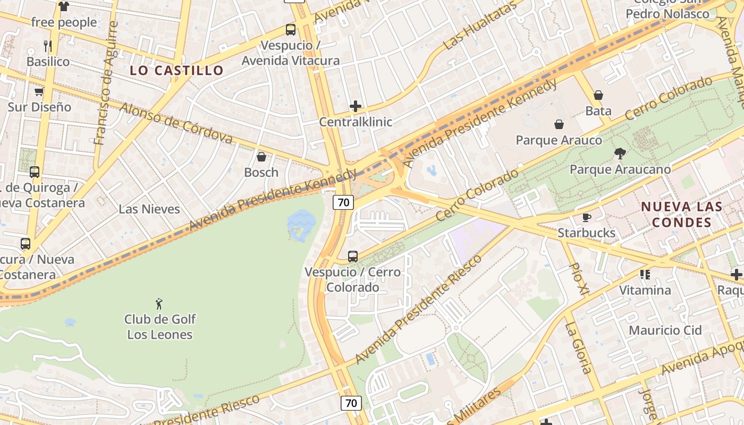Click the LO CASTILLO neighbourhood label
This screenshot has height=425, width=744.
pyautogui.click(x=176, y=71)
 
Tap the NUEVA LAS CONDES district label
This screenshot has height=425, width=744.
pyautogui.click(x=681, y=214)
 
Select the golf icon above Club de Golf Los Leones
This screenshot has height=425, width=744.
pyautogui.click(x=159, y=304)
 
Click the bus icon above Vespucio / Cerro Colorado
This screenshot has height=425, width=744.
pyautogui.click(x=353, y=257)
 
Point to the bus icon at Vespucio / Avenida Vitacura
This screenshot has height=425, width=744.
pyautogui.click(x=291, y=30)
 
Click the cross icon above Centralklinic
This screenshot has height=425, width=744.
pyautogui.click(x=356, y=106)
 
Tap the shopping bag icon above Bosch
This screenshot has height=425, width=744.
pyautogui.click(x=261, y=157)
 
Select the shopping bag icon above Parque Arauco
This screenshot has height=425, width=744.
pyautogui.click(x=559, y=124)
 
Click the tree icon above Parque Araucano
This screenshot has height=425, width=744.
pyautogui.click(x=620, y=154)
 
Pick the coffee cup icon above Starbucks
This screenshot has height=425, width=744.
pyautogui.click(x=587, y=217)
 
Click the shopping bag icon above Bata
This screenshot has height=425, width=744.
pyautogui.click(x=598, y=95)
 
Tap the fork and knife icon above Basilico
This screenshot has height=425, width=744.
pyautogui.click(x=48, y=46)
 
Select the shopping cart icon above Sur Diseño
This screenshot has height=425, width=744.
pyautogui.click(x=39, y=92)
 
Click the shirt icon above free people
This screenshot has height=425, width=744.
pyautogui.click(x=64, y=6)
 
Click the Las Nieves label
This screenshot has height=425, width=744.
pyautogui.click(x=149, y=209)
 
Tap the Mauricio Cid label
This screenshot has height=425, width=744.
pyautogui.click(x=665, y=330)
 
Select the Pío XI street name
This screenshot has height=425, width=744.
pyautogui.click(x=579, y=278)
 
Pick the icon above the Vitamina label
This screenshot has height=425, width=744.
pyautogui.click(x=645, y=275)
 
